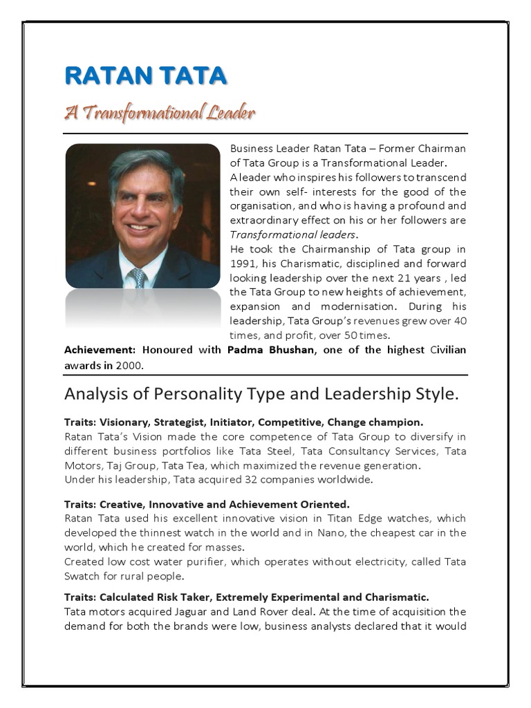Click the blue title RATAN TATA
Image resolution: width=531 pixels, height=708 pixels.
[x=145, y=77]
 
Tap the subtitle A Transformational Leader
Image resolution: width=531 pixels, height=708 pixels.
[x=160, y=112]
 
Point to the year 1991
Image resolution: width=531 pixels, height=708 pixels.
[x=243, y=263]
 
